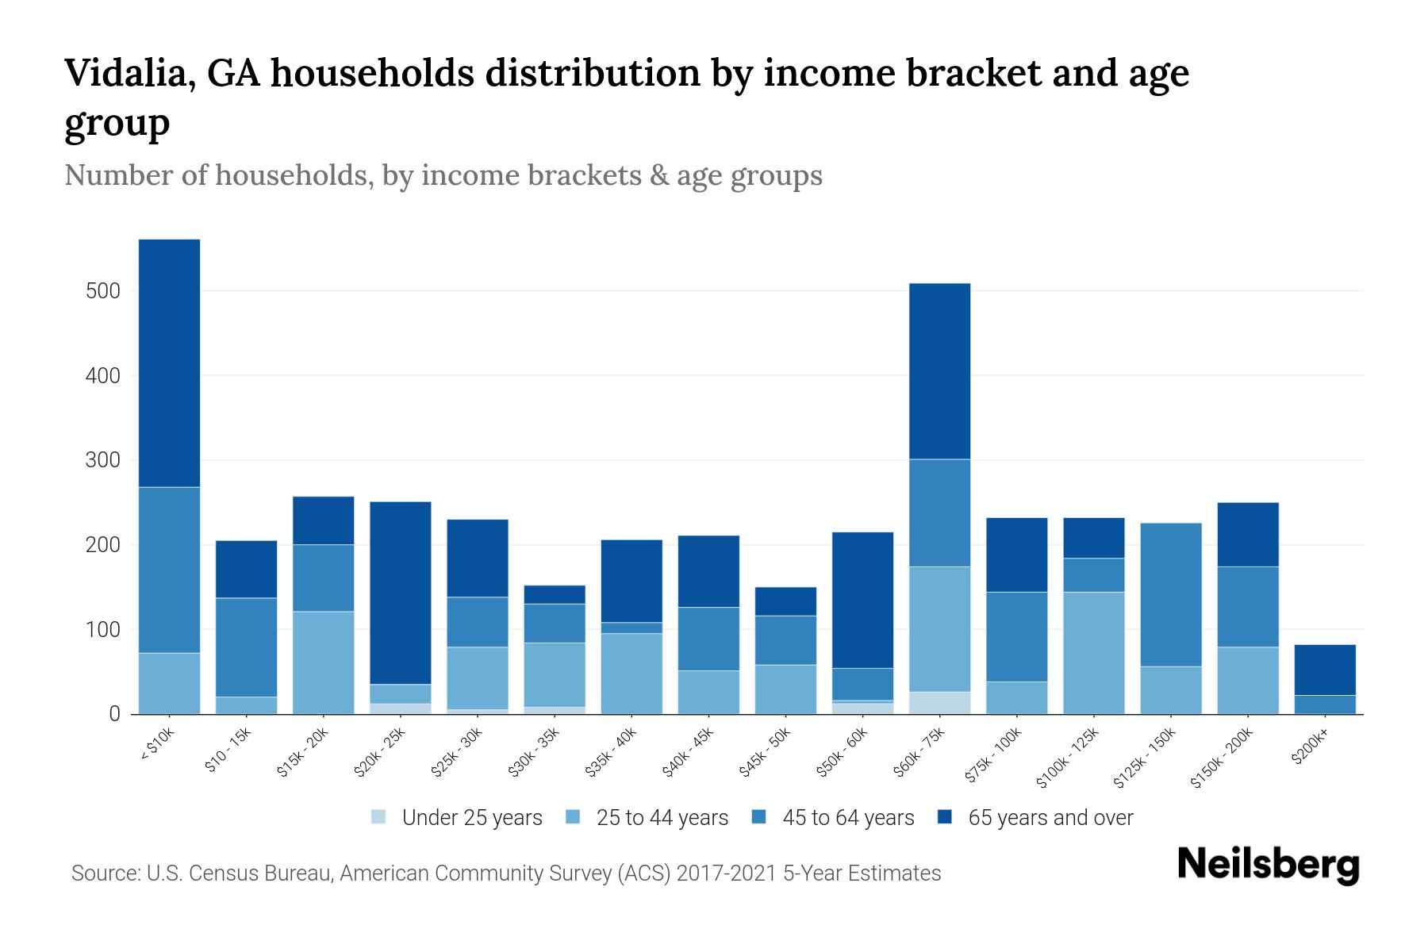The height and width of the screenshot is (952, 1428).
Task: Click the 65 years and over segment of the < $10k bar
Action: click(x=169, y=363)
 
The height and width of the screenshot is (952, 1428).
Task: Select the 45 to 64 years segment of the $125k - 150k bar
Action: click(x=1170, y=594)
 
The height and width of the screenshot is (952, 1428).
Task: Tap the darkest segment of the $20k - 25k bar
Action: click(x=401, y=593)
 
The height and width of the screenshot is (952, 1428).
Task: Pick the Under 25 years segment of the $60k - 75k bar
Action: click(x=939, y=703)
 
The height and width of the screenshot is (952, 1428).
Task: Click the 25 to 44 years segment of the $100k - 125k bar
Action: click(x=1093, y=652)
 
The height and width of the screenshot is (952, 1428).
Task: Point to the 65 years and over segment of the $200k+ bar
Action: click(x=1324, y=670)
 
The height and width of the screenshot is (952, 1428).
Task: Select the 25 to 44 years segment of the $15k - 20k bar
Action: click(x=323, y=662)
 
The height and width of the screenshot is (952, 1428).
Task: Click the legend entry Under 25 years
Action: click(x=471, y=818)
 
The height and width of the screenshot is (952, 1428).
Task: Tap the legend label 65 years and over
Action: click(x=1050, y=818)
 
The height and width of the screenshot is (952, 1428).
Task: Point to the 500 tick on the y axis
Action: click(x=102, y=291)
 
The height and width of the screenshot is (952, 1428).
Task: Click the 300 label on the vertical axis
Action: click(x=102, y=460)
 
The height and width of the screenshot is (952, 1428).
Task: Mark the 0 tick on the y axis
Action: click(x=114, y=714)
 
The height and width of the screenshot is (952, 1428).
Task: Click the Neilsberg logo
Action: click(x=1268, y=864)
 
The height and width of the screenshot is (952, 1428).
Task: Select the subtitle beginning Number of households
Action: click(x=443, y=175)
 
